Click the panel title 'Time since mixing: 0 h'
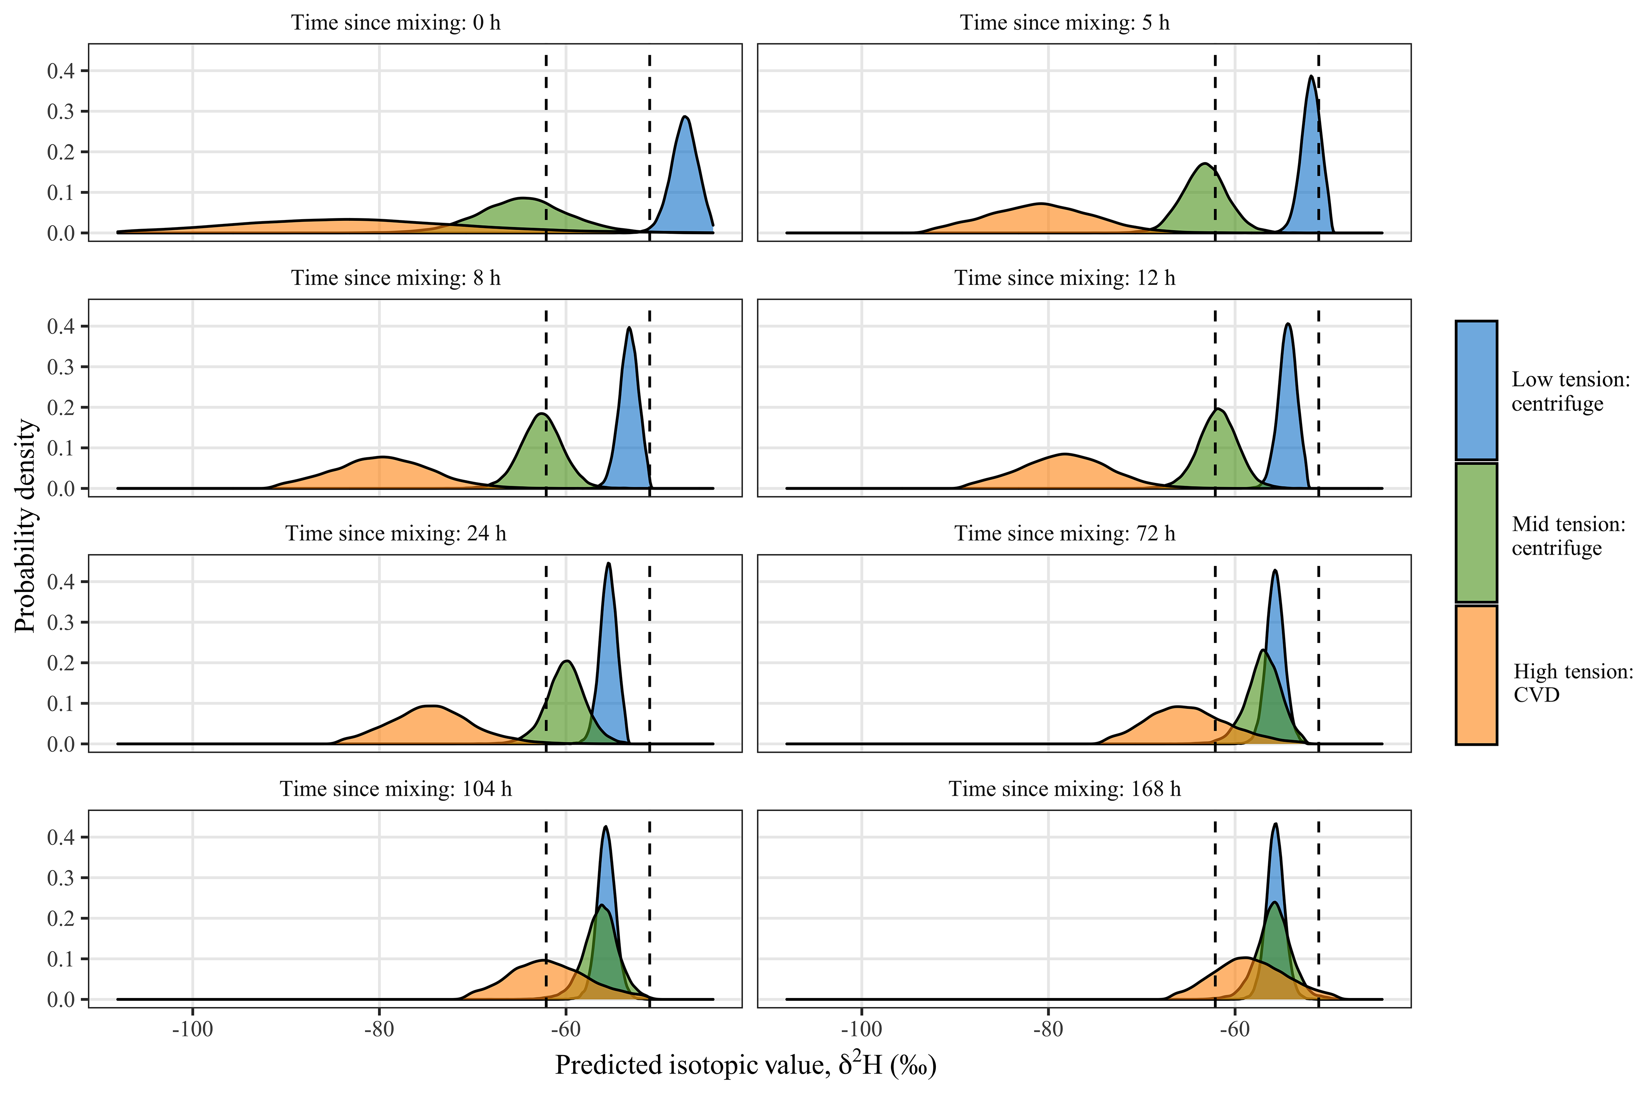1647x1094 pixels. tap(396, 23)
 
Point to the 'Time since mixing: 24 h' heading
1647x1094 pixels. tap(396, 534)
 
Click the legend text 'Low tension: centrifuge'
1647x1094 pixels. tap(1570, 392)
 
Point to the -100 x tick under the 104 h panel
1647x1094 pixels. tap(193, 1030)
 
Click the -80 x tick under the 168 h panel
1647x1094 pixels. tap(1048, 1030)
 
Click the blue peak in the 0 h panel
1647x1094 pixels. tap(685, 118)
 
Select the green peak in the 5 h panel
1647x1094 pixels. tap(1204, 165)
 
